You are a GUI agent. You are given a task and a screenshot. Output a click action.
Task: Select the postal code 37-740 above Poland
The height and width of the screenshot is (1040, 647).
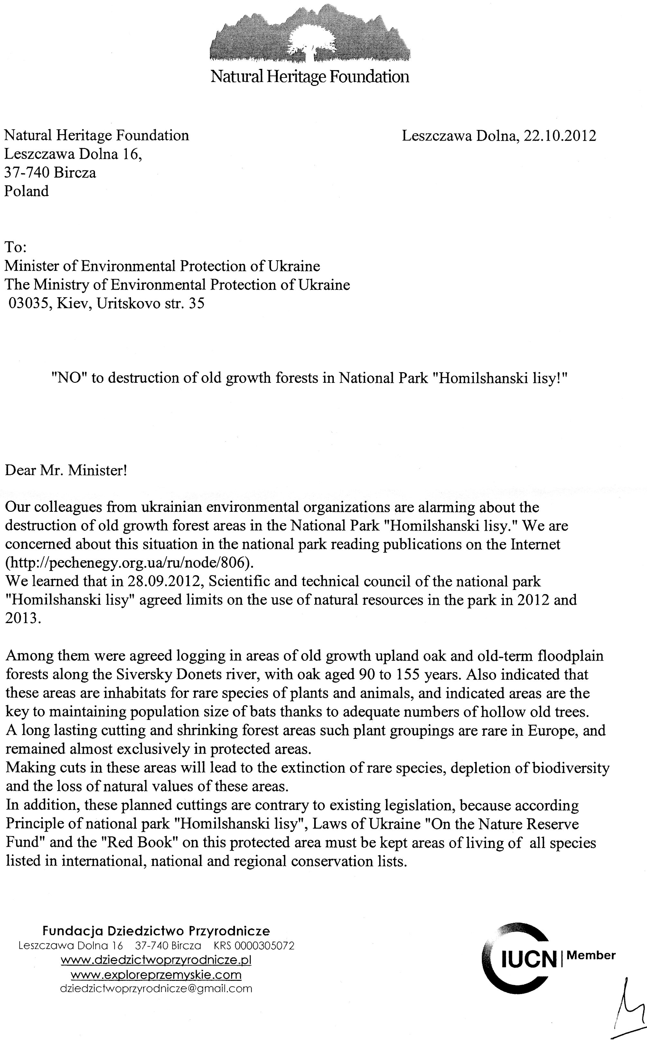26,173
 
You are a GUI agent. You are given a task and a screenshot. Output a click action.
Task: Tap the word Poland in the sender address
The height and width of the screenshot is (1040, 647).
26,191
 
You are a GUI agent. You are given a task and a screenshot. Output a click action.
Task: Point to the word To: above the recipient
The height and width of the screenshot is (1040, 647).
15,247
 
